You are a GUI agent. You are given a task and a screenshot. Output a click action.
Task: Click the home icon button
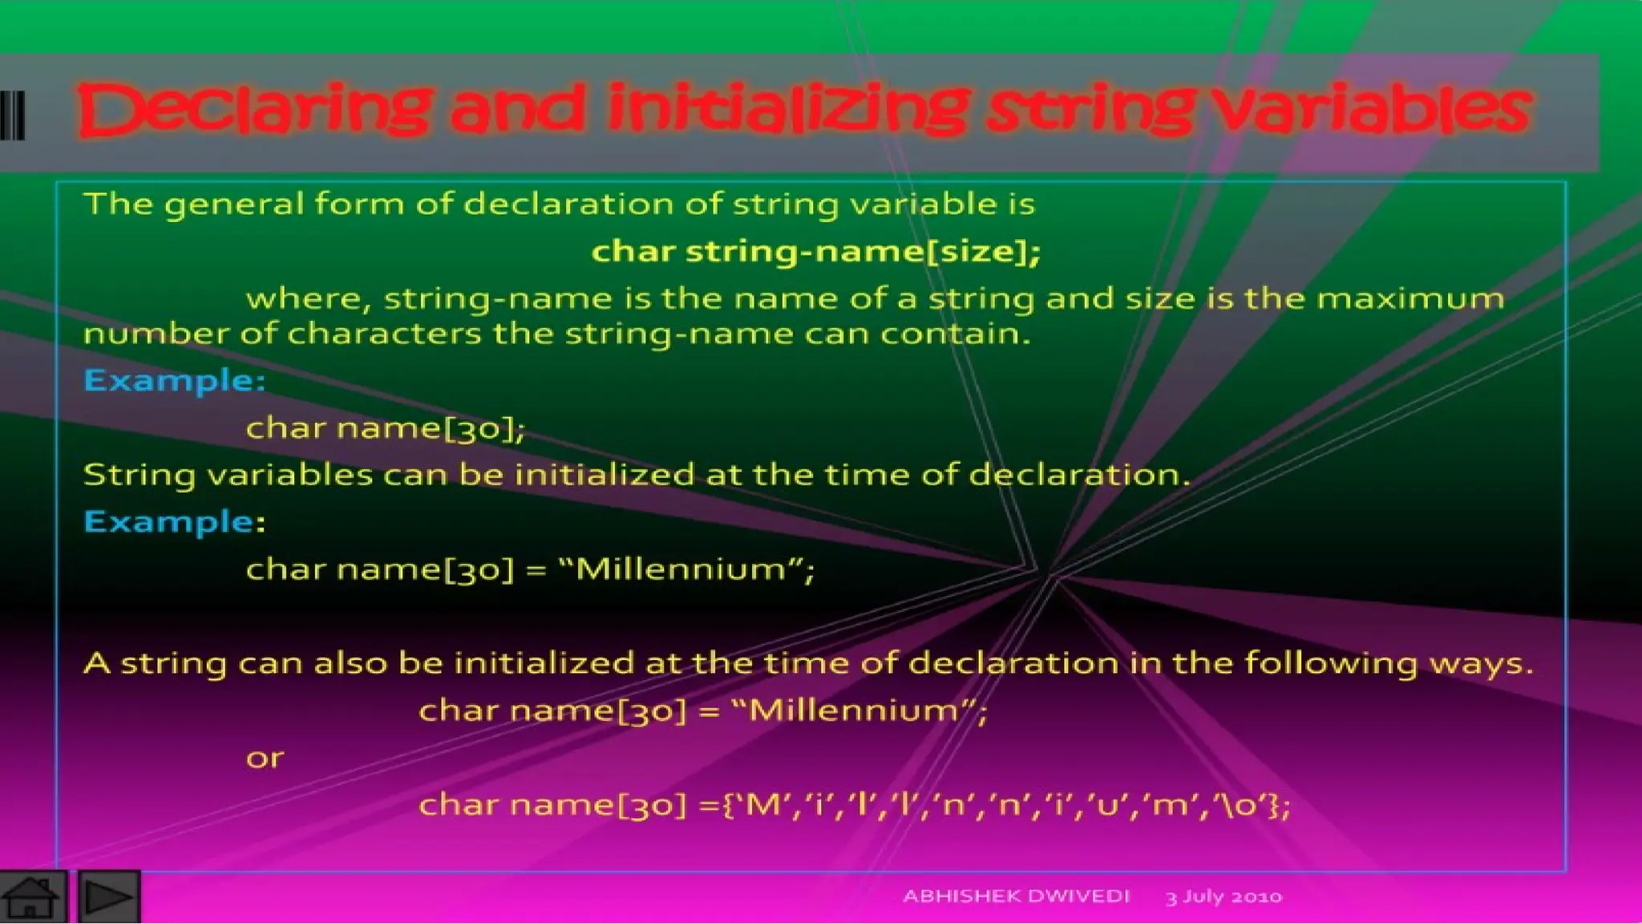click(x=32, y=897)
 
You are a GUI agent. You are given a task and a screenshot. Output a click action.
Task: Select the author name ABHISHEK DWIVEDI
click(x=1016, y=896)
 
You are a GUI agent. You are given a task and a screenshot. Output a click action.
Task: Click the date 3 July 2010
click(x=1223, y=897)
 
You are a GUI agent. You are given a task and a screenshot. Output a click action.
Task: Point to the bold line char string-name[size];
click(x=815, y=252)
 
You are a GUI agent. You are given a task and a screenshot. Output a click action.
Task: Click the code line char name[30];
click(x=385, y=428)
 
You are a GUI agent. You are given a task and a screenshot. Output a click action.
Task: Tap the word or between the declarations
click(x=265, y=758)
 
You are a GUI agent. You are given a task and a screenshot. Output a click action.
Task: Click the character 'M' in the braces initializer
click(x=763, y=804)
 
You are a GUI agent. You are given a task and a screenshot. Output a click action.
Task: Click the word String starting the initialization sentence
click(x=140, y=476)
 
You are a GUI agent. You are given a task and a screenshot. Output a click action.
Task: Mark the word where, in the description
click(x=308, y=299)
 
